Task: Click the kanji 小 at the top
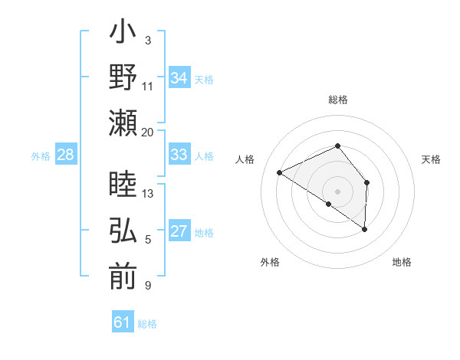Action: [123, 34]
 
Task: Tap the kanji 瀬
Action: [123, 123]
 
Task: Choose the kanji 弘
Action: [123, 232]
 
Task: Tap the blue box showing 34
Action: [179, 78]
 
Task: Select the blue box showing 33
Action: [179, 155]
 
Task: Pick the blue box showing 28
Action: [65, 155]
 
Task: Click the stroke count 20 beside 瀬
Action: [148, 132]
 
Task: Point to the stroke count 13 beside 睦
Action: [148, 193]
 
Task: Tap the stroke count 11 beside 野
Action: [148, 86]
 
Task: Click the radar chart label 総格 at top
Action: [338, 100]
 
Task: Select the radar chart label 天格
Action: [431, 159]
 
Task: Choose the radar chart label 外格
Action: [270, 262]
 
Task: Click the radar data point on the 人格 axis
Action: [280, 172]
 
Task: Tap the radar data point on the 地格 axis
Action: [365, 229]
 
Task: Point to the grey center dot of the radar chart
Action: [337, 191]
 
